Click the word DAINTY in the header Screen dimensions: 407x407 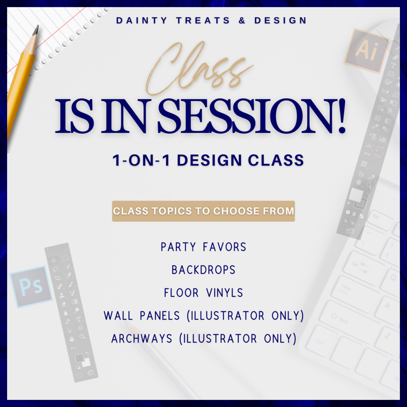[x=142, y=21]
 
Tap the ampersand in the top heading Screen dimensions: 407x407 [x=242, y=21]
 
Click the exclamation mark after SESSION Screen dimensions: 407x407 [x=341, y=116]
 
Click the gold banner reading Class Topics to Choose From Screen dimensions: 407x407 [x=203, y=211]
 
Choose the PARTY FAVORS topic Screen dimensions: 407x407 [x=203, y=247]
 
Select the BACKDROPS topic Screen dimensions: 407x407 [x=203, y=270]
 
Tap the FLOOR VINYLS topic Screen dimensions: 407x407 [x=203, y=293]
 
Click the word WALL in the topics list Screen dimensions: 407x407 [x=118, y=316]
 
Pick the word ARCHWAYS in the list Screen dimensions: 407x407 [x=142, y=339]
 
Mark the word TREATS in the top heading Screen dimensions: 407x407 [x=203, y=21]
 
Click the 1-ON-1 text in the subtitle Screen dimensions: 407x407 [x=141, y=161]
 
